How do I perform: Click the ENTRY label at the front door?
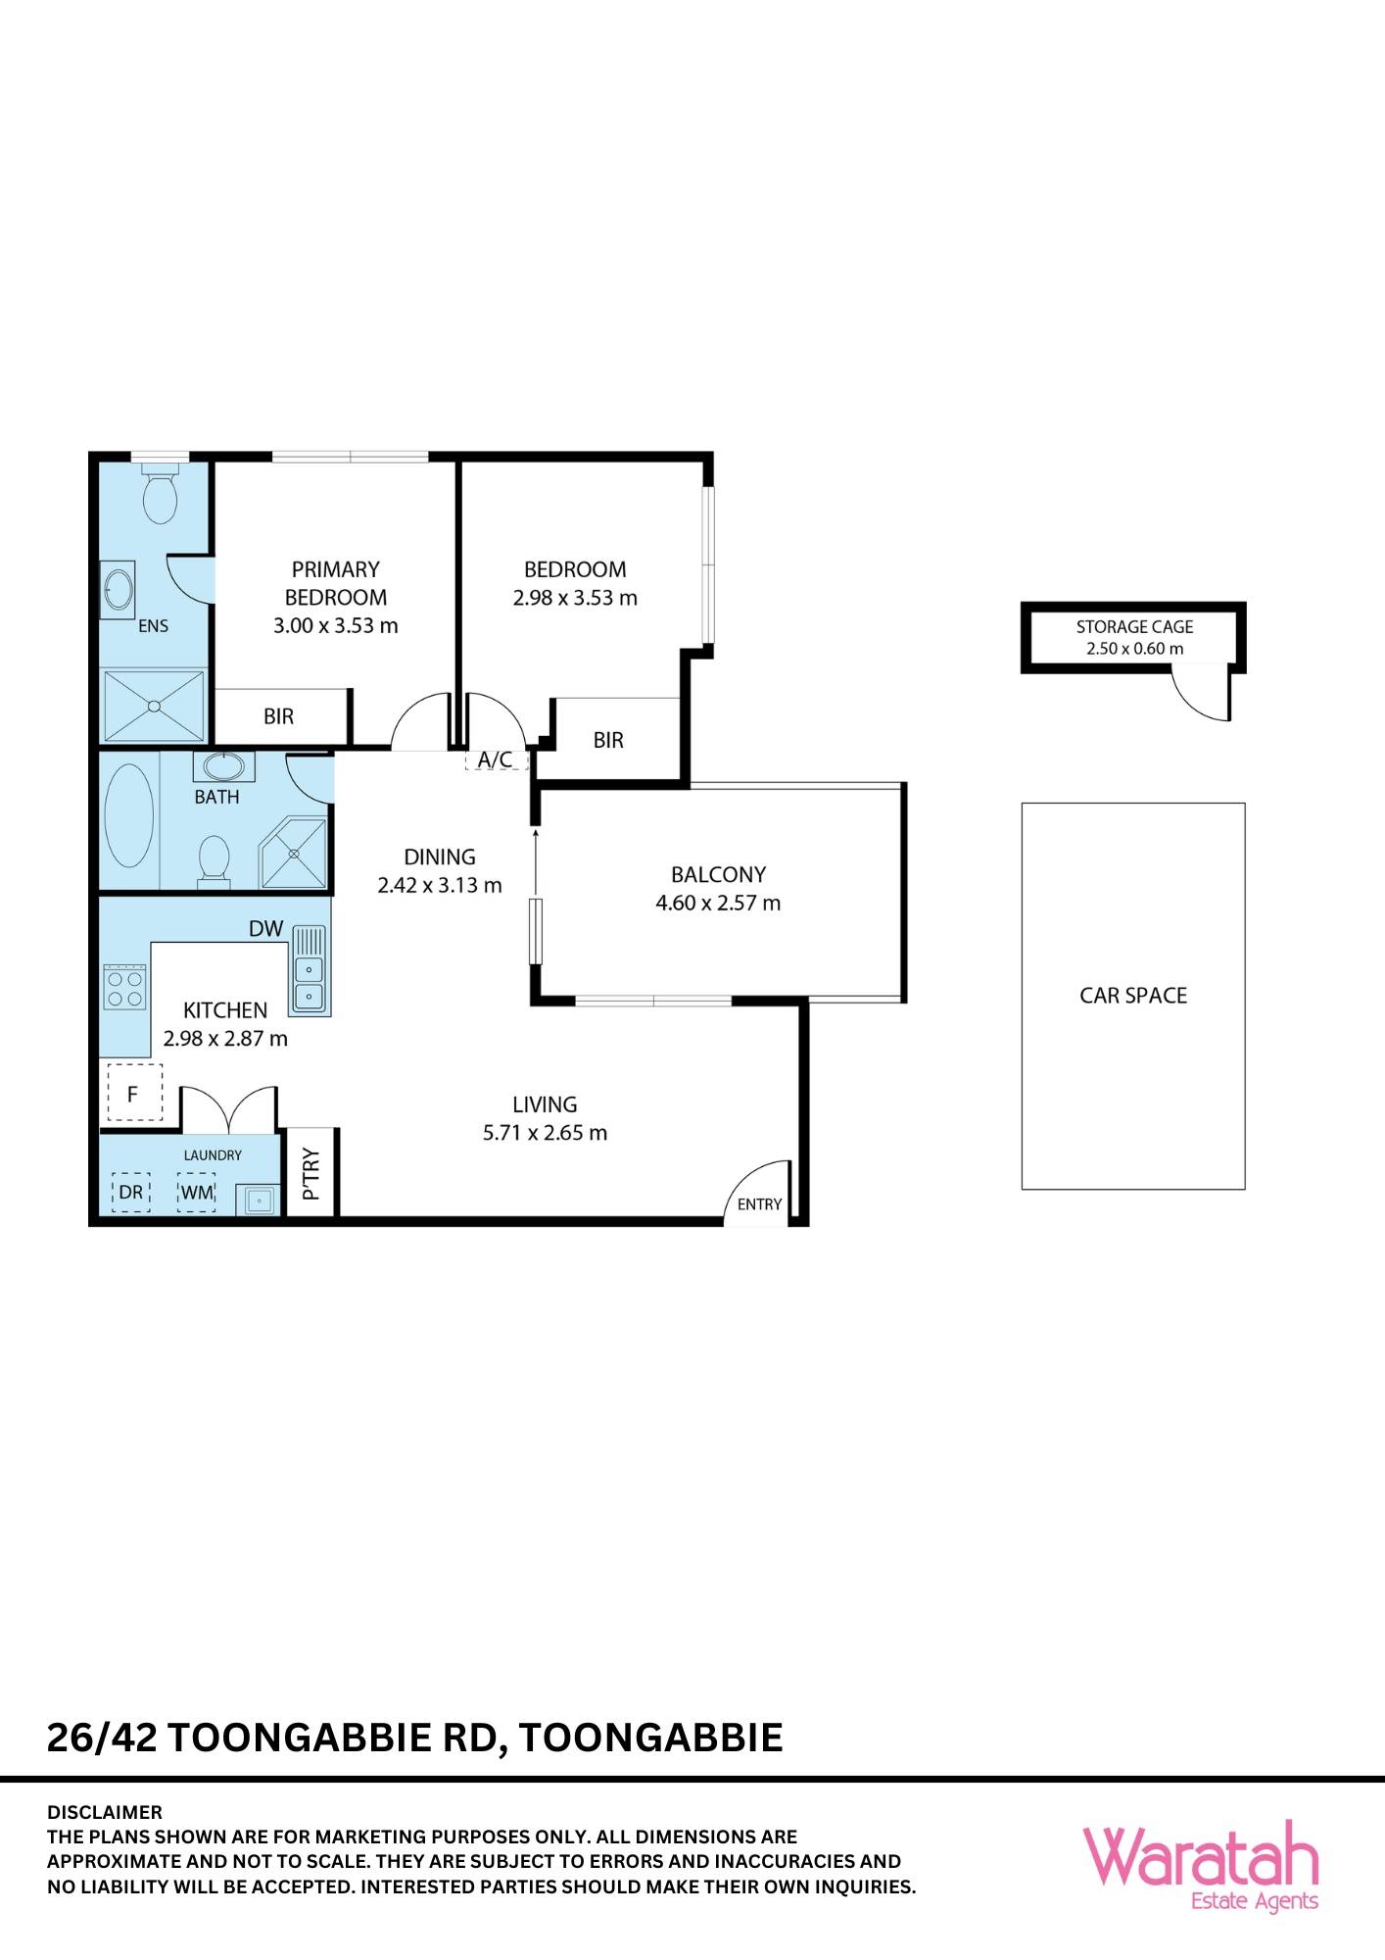759,1204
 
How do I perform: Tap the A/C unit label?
495,759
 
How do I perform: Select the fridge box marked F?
132,1093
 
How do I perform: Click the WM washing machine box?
196,1193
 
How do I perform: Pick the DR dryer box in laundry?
130,1193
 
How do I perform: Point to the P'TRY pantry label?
311,1174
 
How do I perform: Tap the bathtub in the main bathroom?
129,816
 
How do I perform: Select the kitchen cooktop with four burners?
124,988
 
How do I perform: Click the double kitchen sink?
309,983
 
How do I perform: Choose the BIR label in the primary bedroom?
279,716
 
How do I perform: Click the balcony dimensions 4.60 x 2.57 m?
718,903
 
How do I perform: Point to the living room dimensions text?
545,1133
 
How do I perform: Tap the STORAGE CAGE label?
1134,626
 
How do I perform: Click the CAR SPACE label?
1133,996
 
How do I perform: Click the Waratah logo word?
1201,1856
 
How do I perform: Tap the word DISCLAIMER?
105,1812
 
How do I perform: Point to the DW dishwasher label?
265,928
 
